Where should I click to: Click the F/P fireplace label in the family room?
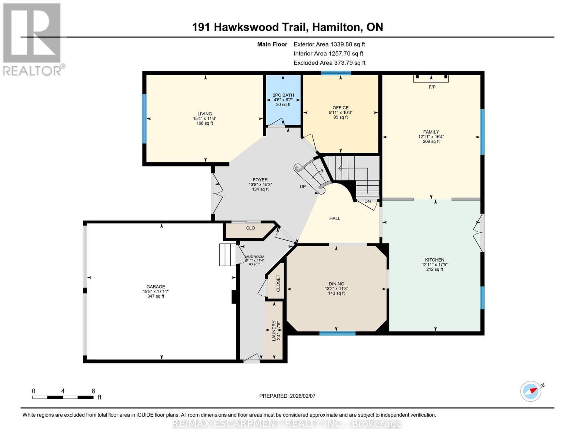point(432,87)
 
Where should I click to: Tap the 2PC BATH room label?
point(283,95)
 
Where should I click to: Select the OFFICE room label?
point(340,108)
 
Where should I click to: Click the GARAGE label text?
point(156,286)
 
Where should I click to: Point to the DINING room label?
point(336,284)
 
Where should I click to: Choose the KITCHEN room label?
point(434,260)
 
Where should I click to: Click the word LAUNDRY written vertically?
point(274,331)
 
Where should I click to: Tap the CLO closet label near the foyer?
point(250,228)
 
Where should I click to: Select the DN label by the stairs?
point(367,201)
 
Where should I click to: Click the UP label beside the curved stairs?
point(302,186)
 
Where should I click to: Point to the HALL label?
point(335,218)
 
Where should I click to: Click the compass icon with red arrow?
point(531,391)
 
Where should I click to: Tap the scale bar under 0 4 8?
point(63,397)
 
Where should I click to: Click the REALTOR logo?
point(33,39)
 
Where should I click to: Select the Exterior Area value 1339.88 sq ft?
point(347,44)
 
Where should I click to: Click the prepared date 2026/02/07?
point(302,396)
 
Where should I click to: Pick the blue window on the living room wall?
point(144,118)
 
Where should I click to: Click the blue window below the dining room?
point(337,333)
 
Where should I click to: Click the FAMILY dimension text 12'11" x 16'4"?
point(431,137)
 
